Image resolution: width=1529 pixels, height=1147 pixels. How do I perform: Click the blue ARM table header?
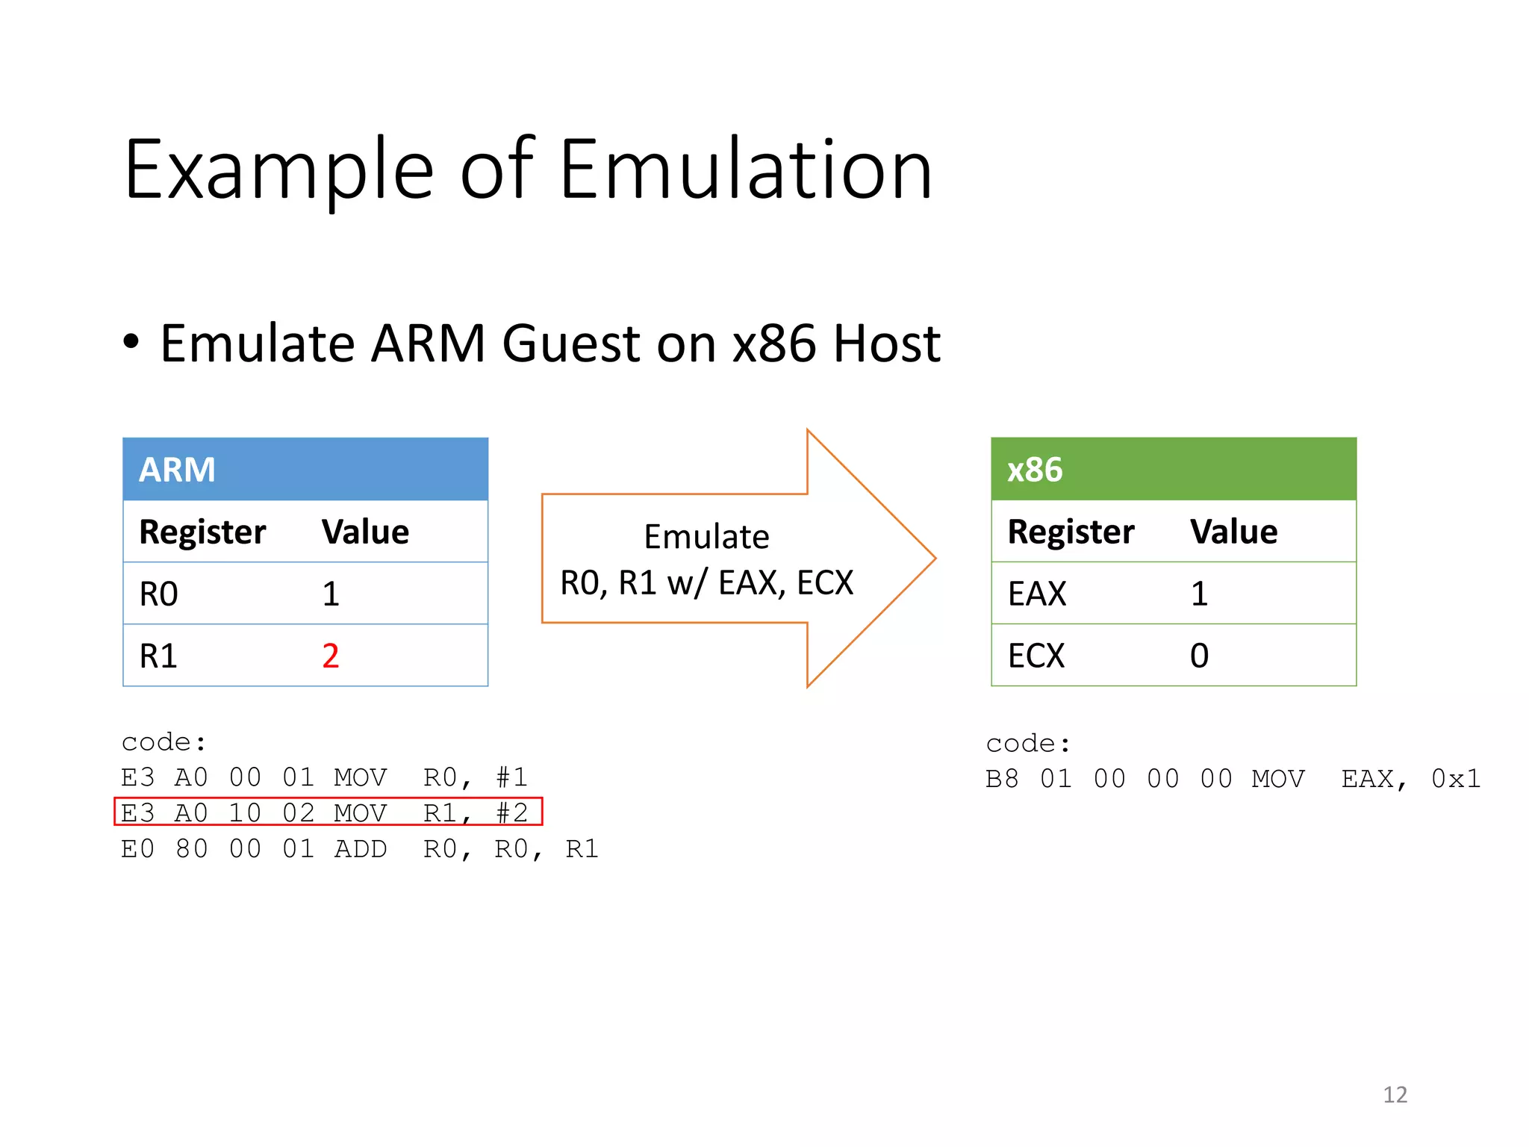point(305,469)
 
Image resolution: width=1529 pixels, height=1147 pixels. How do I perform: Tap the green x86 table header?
point(1173,469)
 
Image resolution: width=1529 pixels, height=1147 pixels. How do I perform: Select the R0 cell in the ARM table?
point(159,594)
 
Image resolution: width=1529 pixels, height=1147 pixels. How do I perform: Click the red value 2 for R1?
point(331,656)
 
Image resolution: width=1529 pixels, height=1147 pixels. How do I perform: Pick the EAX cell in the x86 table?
point(1037,594)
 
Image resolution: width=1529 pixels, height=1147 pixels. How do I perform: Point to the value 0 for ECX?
point(1199,656)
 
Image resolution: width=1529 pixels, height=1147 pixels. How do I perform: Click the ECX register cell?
point(1036,656)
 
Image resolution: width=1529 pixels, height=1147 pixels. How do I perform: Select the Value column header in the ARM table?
point(365,532)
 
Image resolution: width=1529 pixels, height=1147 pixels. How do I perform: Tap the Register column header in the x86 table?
point(1071,532)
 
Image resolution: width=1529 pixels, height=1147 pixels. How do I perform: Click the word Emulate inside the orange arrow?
point(706,536)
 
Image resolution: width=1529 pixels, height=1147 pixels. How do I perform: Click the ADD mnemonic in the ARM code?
point(361,849)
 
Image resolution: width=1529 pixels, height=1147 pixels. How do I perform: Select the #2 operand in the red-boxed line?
point(512,812)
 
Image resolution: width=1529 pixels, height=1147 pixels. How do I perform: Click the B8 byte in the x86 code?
point(1002,779)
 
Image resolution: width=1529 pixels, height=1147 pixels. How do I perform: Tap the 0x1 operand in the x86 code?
point(1455,779)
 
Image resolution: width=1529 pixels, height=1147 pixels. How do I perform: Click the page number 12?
point(1395,1095)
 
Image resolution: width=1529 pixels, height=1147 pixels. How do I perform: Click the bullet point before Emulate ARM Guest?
point(131,343)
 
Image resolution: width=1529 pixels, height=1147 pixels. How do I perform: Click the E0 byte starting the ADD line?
point(138,849)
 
